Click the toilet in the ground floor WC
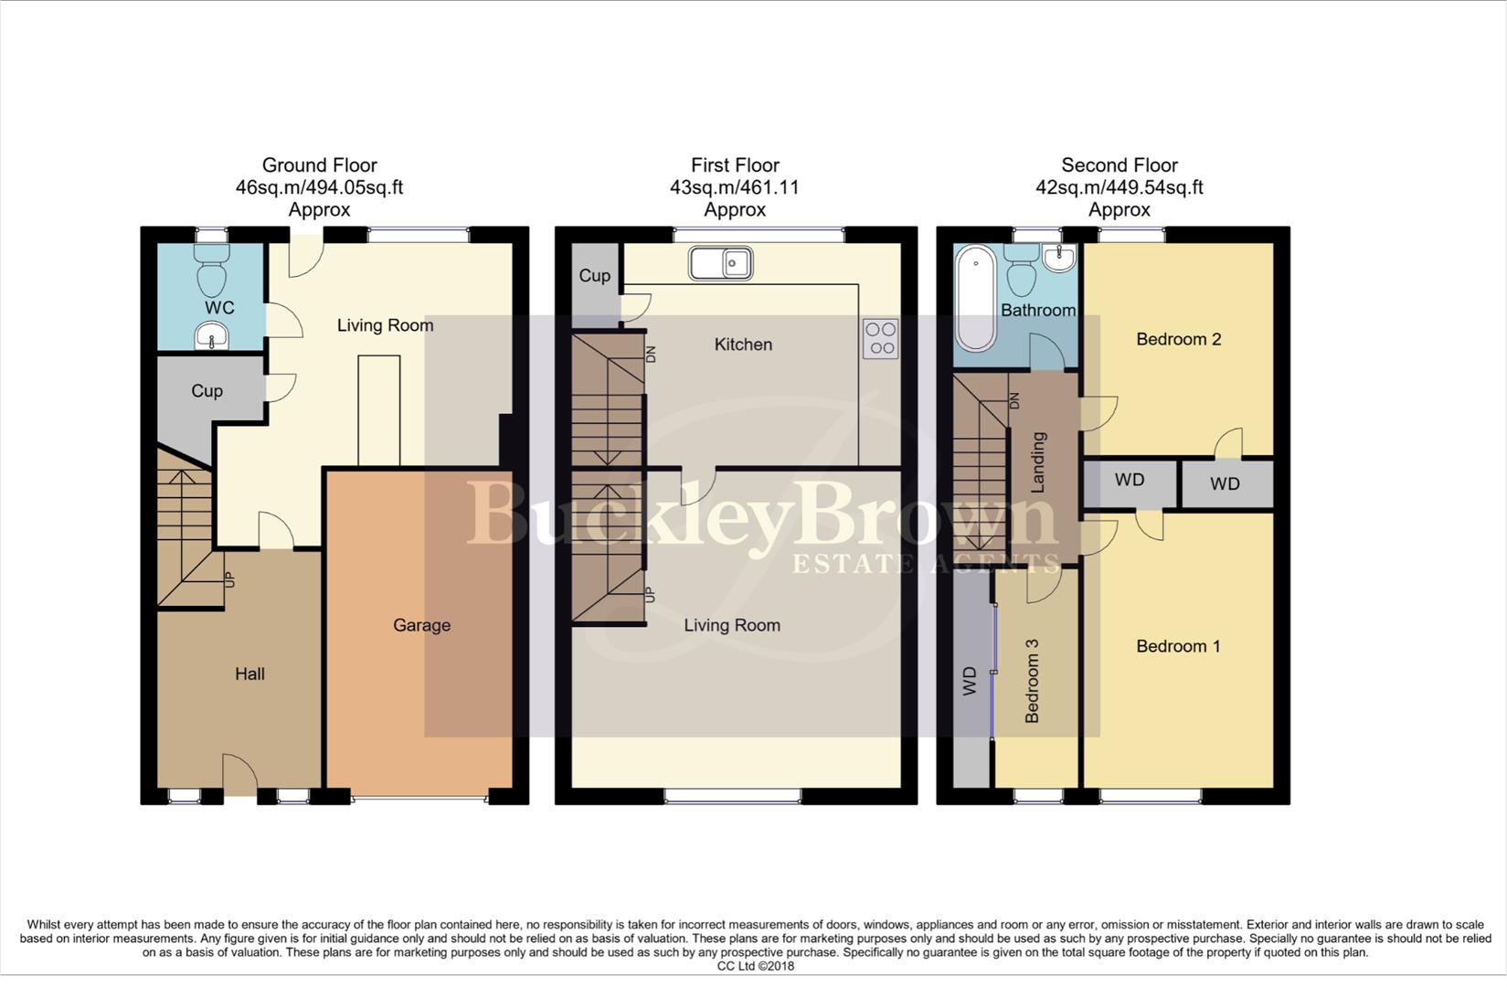click(x=211, y=271)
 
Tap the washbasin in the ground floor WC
click(x=212, y=339)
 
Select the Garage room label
click(x=421, y=625)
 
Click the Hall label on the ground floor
click(x=249, y=674)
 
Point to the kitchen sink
click(x=721, y=263)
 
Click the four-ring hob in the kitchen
click(x=881, y=338)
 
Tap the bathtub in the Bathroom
click(x=975, y=302)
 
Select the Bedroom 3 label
click(x=1032, y=681)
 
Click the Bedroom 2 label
click(x=1178, y=339)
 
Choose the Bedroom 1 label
click(x=1178, y=646)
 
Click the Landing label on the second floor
click(x=1038, y=462)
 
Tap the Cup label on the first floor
click(x=594, y=275)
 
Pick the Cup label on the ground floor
click(x=207, y=390)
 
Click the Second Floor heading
click(x=1119, y=165)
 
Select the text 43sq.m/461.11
click(x=735, y=187)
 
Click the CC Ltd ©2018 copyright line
click(x=755, y=966)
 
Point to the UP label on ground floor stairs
click(x=229, y=578)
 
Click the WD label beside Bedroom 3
click(x=970, y=681)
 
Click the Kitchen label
click(x=743, y=345)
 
